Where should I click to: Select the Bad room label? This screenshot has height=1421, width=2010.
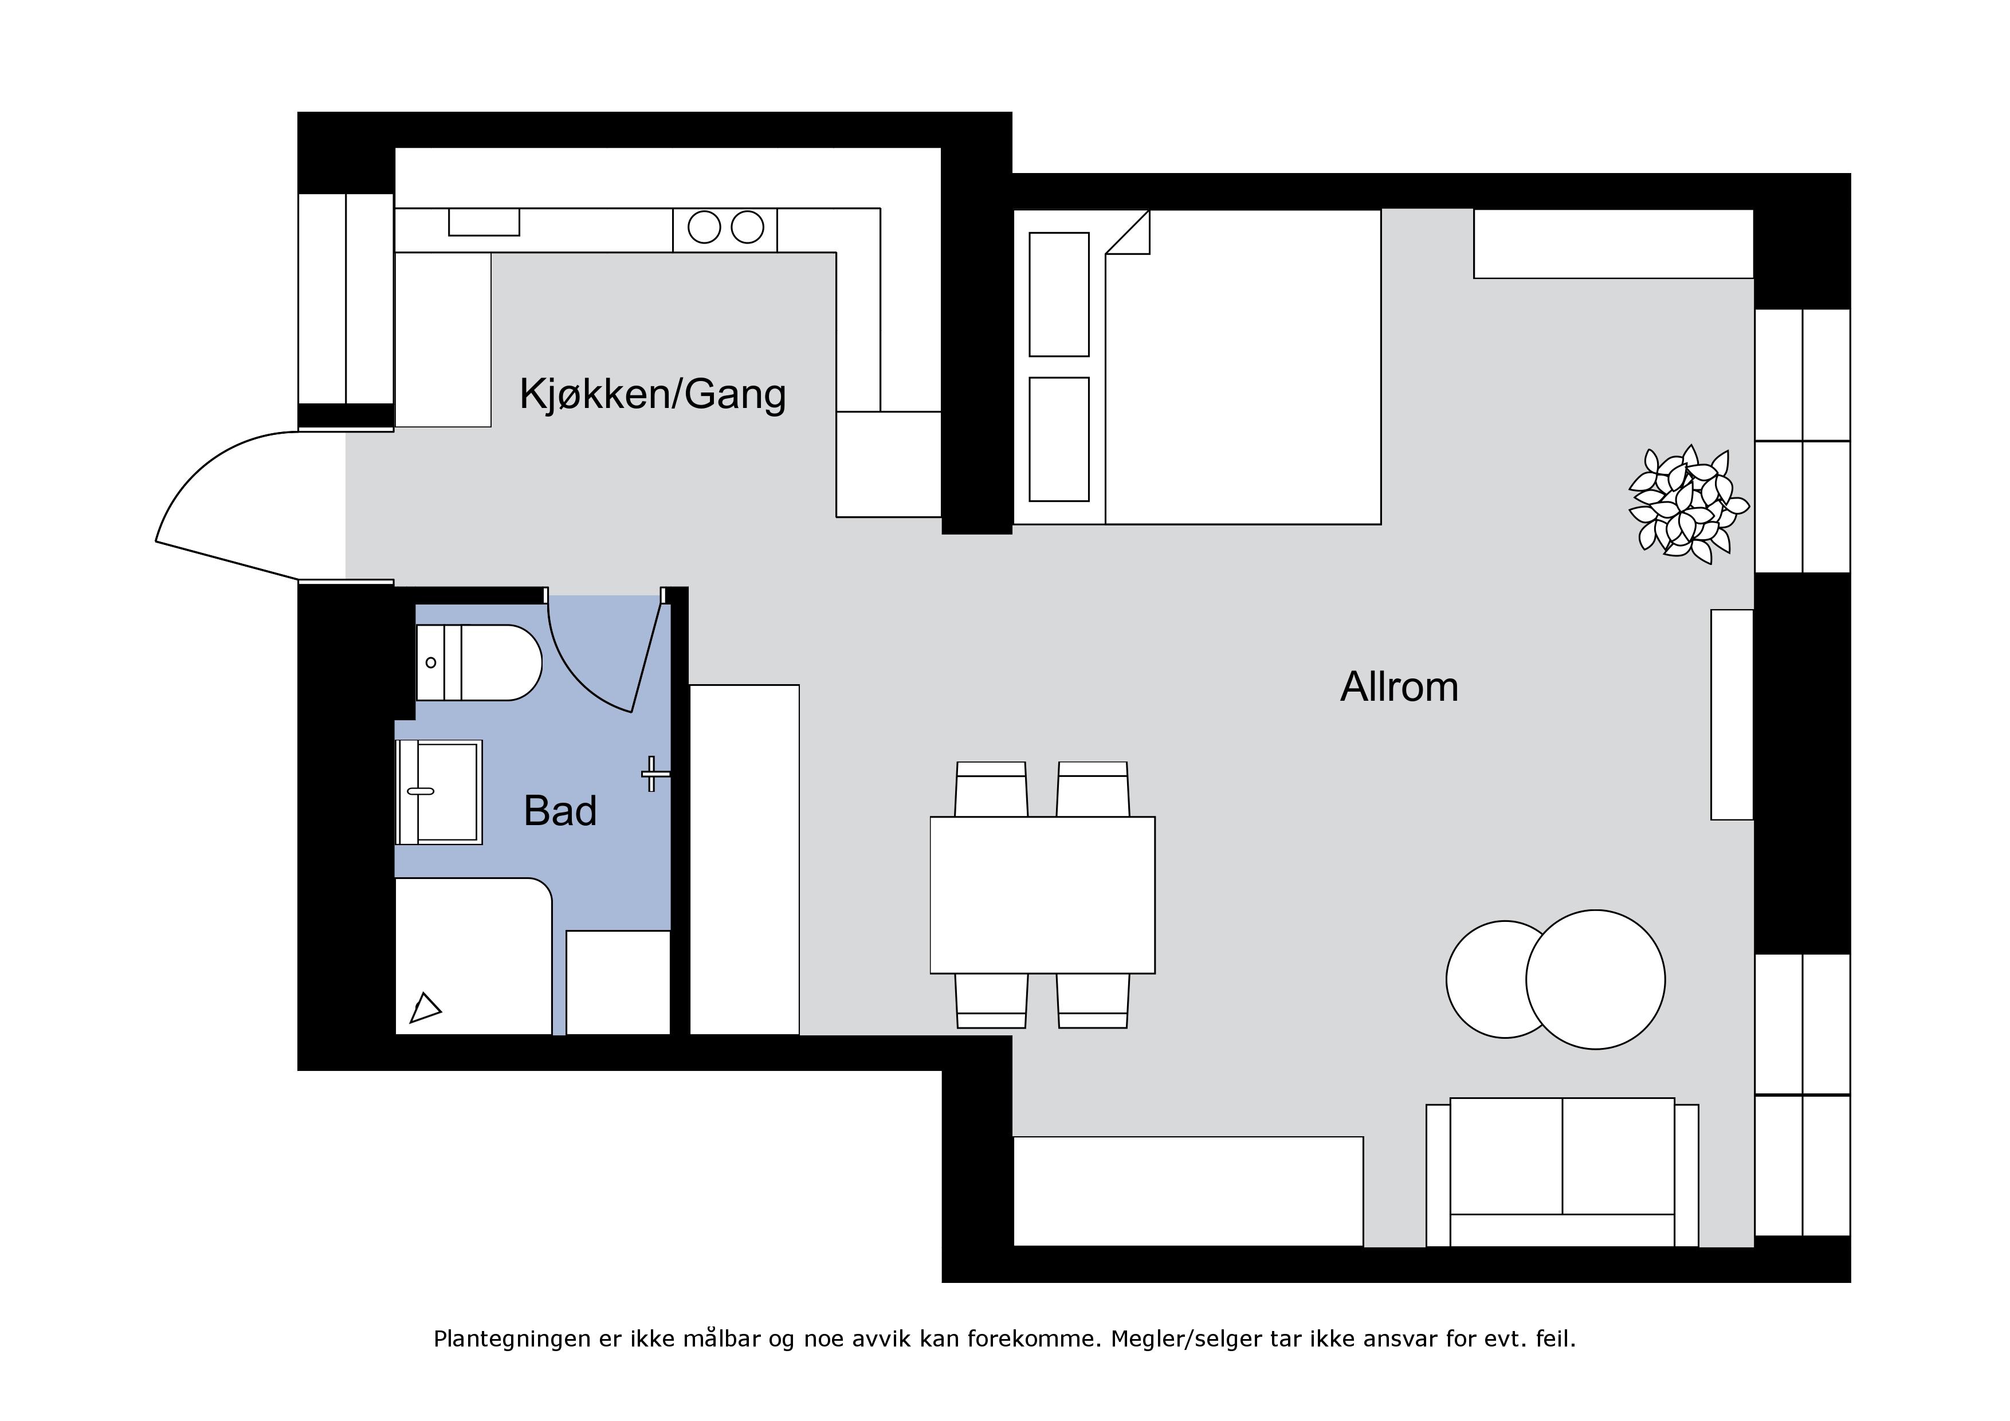(x=560, y=811)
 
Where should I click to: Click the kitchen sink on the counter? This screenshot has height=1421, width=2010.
(x=484, y=222)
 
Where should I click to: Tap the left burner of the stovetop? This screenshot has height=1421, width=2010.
(x=704, y=227)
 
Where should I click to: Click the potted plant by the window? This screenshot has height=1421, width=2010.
(x=1688, y=504)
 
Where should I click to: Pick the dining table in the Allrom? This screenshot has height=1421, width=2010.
(x=1043, y=895)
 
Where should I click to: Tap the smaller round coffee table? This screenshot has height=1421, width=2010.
(x=1488, y=979)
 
